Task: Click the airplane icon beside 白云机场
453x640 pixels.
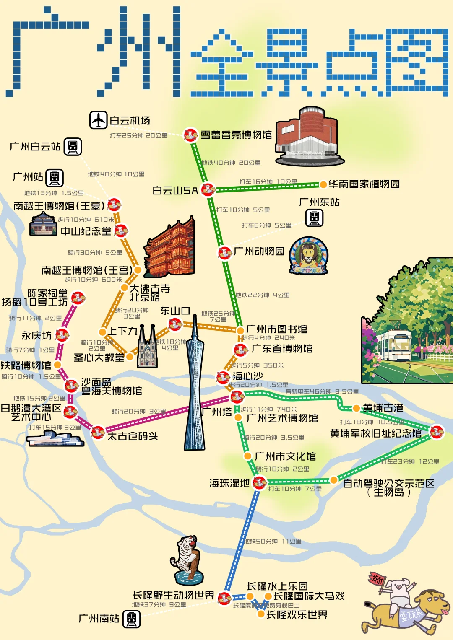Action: [x=99, y=120]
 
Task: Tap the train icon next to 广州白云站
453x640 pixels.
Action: [x=73, y=147]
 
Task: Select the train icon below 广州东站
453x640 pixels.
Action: [x=315, y=218]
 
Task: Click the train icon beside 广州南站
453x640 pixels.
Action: [x=131, y=619]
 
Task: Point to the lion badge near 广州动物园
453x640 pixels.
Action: [x=309, y=256]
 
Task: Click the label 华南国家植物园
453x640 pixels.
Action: [x=364, y=184]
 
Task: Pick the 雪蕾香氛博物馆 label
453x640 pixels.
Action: [x=236, y=135]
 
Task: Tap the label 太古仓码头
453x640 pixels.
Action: [x=133, y=436]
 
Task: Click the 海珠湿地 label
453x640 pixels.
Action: [x=229, y=483]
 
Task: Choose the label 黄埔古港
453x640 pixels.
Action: [x=383, y=408]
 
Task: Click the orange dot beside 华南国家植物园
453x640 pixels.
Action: [x=323, y=184]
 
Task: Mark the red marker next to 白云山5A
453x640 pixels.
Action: [x=208, y=189]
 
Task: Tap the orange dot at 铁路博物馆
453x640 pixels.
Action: [x=58, y=365]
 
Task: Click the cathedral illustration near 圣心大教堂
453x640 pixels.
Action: [x=147, y=348]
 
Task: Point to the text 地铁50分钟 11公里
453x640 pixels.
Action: [x=273, y=541]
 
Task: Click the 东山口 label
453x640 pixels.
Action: [x=175, y=311]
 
